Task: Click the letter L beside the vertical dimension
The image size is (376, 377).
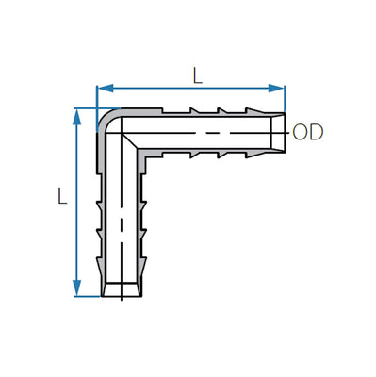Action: (x=61, y=198)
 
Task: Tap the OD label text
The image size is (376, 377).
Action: (x=308, y=132)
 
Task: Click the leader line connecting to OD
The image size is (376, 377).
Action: (x=286, y=132)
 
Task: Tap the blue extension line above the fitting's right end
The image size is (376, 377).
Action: (x=285, y=99)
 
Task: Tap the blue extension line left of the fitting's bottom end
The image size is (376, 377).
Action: (x=87, y=296)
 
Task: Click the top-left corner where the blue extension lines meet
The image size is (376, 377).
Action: (x=97, y=107)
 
